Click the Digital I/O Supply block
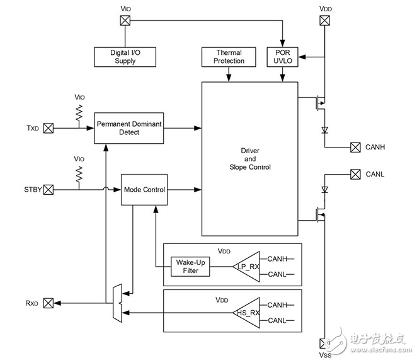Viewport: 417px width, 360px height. pos(125,57)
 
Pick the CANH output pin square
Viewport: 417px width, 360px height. pos(354,148)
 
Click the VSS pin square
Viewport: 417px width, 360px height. pos(324,344)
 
